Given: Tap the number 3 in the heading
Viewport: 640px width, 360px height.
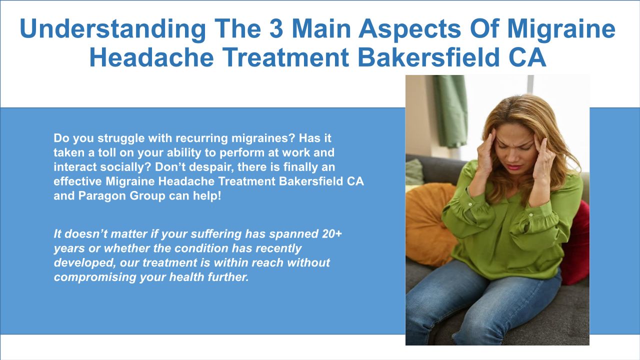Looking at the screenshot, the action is coord(276,28).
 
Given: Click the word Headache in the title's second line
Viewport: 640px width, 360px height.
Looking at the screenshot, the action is coord(151,57).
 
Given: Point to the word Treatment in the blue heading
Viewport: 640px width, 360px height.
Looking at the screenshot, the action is coord(285,57).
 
